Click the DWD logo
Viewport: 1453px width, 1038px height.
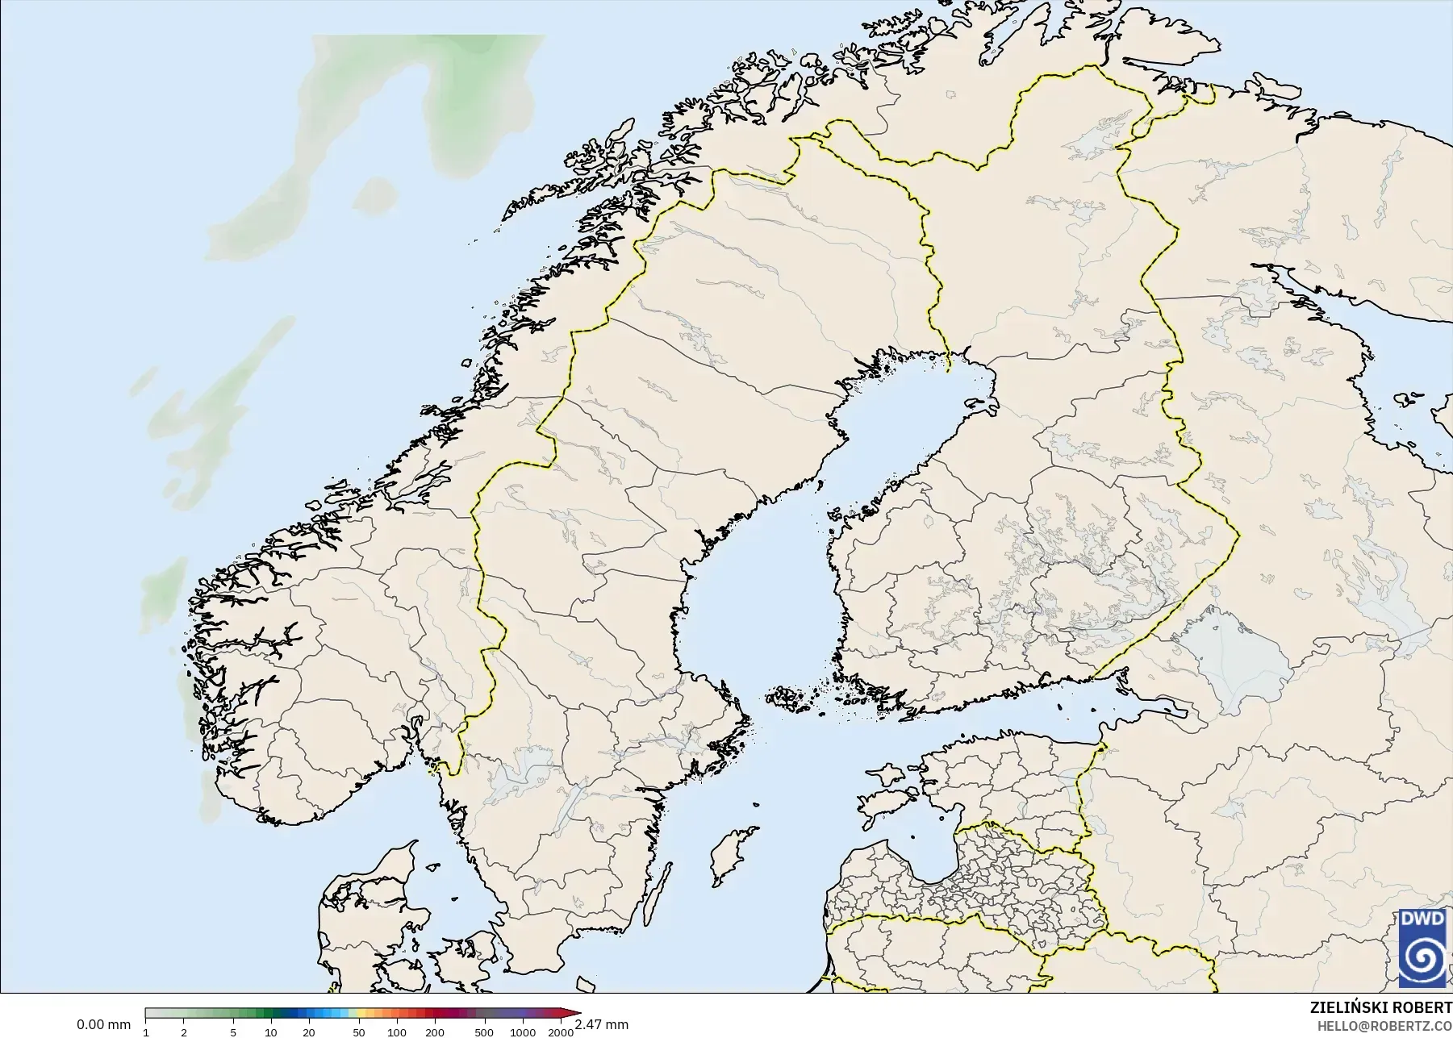tap(1422, 947)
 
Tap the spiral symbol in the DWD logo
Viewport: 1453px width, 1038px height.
tap(1422, 957)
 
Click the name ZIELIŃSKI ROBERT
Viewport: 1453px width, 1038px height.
tap(1381, 1008)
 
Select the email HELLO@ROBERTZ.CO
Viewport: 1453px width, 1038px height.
tap(1384, 1026)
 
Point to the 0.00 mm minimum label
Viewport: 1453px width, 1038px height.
tap(103, 1024)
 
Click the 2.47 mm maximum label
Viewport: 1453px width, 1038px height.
tap(601, 1024)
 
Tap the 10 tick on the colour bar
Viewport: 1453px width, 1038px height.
tap(271, 1032)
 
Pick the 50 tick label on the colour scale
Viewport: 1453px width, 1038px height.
tap(358, 1032)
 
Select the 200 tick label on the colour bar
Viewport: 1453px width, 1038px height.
tap(434, 1032)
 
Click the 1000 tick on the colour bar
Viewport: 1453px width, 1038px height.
tap(522, 1032)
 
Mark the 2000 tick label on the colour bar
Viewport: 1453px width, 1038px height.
tap(560, 1032)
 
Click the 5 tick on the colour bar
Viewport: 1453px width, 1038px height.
tap(233, 1032)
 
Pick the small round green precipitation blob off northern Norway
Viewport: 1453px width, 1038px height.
tap(376, 194)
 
